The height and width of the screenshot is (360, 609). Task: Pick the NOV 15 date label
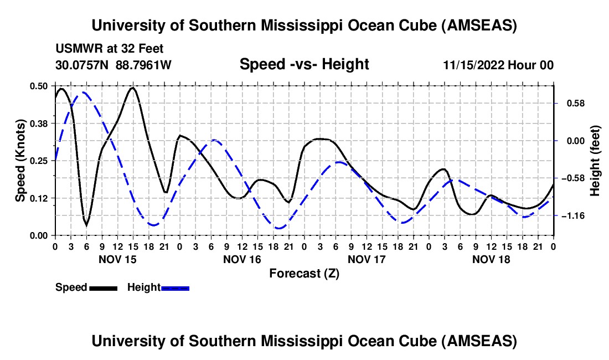[117, 259]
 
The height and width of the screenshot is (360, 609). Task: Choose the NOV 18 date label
[491, 259]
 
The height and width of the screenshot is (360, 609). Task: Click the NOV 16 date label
[242, 259]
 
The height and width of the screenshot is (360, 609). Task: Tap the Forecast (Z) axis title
[304, 273]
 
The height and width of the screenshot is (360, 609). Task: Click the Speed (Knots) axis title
[20, 161]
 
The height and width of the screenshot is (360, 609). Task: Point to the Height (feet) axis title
[595, 160]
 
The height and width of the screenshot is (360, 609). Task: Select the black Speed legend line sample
[103, 288]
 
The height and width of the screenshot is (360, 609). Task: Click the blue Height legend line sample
[176, 288]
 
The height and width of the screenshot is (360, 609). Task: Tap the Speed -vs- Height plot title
[304, 64]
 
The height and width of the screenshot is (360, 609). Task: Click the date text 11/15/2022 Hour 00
[498, 65]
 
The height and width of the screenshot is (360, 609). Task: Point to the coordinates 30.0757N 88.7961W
[113, 65]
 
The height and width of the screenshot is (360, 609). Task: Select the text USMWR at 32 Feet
[110, 49]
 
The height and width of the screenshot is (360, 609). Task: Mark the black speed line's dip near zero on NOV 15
[86, 225]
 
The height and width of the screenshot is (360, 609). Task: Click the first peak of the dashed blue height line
[84, 92]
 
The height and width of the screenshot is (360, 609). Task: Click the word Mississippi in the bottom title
[301, 341]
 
